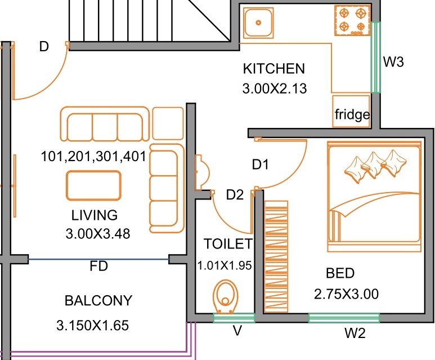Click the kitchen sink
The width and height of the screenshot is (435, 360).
(259, 23)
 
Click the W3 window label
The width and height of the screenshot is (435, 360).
(393, 62)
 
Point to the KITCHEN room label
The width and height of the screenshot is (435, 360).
(273, 69)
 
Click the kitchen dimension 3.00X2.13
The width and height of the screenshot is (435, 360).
(274, 88)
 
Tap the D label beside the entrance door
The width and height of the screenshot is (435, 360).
(44, 47)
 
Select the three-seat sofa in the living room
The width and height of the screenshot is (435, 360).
(105, 123)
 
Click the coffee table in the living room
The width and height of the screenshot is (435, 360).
(93, 185)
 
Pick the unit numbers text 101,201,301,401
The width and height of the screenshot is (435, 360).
(93, 156)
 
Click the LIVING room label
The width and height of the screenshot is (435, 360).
(95, 215)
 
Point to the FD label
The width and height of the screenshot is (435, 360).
(98, 266)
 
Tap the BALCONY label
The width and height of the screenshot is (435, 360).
(98, 300)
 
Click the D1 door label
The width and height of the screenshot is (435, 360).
(260, 165)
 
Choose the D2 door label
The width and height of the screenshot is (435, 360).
(235, 195)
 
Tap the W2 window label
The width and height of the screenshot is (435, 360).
(355, 334)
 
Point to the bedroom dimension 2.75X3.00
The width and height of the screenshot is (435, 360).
(346, 294)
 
